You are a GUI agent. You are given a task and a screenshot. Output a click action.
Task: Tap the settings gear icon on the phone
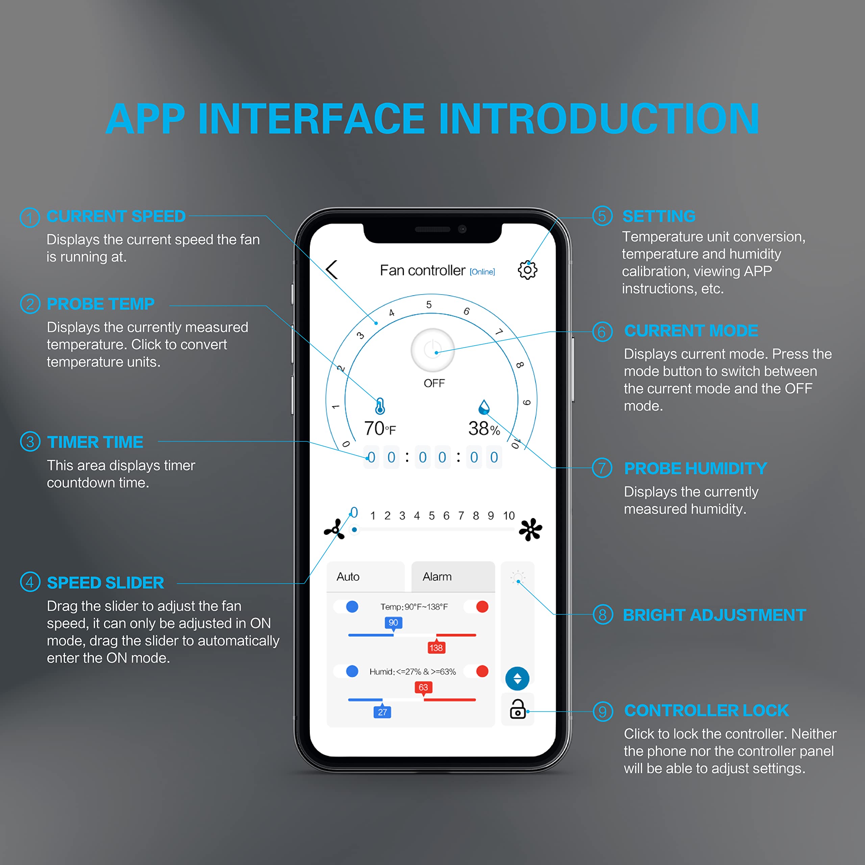click(x=527, y=270)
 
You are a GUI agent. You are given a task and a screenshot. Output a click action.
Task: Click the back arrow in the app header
click(x=332, y=270)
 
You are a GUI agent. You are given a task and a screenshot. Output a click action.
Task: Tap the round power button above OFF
click(x=432, y=350)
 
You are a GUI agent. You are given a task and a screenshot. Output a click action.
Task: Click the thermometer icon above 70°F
click(x=380, y=406)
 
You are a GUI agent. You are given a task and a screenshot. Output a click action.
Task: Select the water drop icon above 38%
click(x=484, y=407)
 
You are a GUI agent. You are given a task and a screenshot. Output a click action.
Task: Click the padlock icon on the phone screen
click(x=518, y=709)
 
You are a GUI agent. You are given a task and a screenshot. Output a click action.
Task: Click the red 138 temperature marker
click(x=436, y=647)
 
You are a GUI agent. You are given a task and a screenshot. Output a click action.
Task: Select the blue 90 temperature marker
click(x=393, y=623)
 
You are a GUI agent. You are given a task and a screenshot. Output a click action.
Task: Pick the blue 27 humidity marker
click(x=382, y=712)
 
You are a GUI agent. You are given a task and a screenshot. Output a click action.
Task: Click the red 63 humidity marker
click(x=423, y=687)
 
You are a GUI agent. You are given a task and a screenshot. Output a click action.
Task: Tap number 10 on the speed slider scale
click(x=509, y=516)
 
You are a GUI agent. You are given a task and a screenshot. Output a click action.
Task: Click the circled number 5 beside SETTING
click(x=602, y=216)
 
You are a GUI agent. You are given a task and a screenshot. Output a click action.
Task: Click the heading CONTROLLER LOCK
click(x=706, y=711)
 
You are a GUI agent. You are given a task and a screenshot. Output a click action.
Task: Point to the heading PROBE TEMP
click(x=100, y=304)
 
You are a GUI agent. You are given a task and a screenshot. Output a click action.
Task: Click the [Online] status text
click(x=482, y=272)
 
